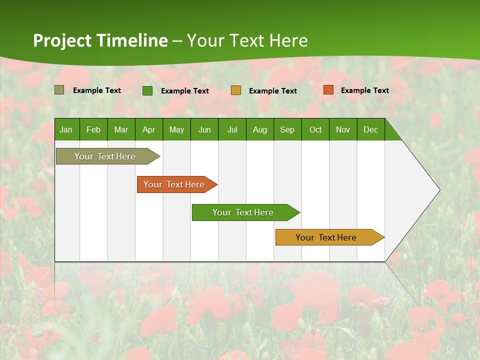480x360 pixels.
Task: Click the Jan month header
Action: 66,129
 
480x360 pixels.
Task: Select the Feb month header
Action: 93,129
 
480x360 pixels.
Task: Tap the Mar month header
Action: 121,129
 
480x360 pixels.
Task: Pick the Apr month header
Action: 149,129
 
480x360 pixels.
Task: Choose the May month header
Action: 176,129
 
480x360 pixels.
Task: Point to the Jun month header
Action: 204,129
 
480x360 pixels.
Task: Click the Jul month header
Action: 232,129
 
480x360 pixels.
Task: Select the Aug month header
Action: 260,129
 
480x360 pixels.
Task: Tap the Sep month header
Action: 287,129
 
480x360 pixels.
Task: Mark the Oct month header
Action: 315,129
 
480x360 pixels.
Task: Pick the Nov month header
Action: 343,129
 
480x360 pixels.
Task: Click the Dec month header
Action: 371,129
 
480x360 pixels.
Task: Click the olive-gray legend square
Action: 59,90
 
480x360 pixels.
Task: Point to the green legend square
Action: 147,90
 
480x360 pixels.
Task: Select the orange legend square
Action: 328,90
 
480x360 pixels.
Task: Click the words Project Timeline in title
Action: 100,40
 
